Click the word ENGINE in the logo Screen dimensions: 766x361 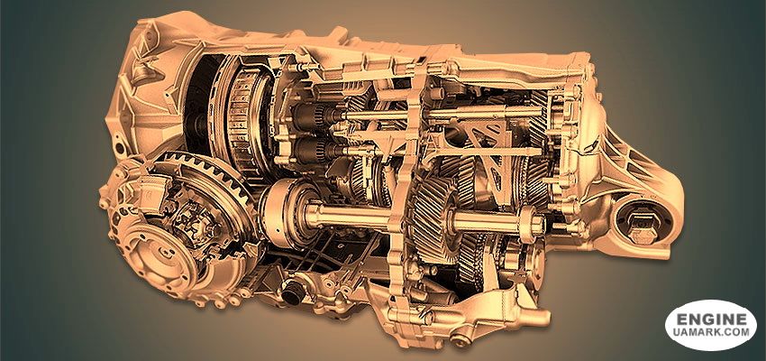(711, 319)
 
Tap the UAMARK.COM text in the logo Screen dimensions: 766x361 (712, 333)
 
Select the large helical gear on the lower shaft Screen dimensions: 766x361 (433, 219)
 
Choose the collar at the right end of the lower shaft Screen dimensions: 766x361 (532, 223)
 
